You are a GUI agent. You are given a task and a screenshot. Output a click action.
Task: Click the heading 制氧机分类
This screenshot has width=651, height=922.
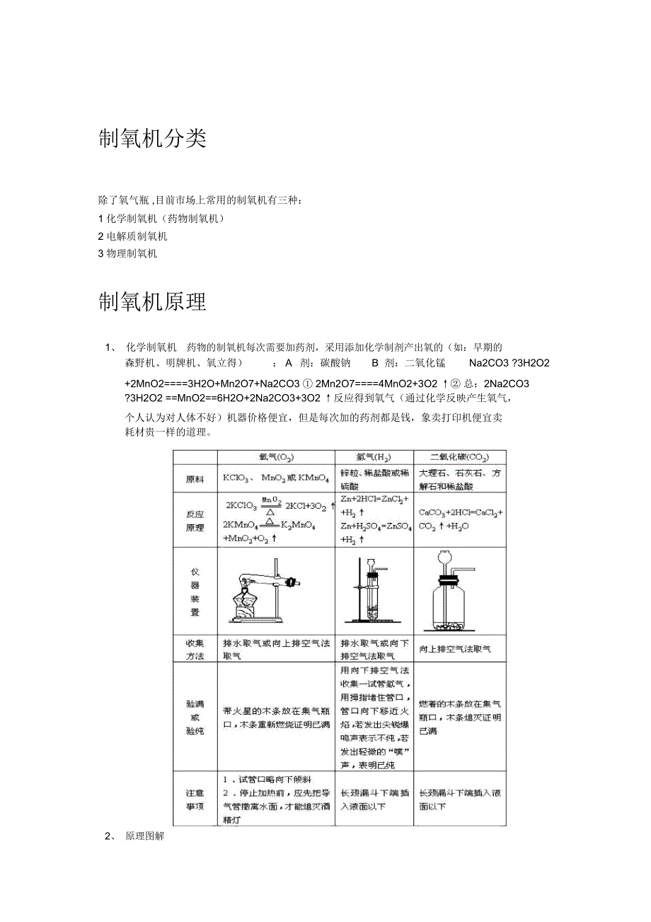point(152,139)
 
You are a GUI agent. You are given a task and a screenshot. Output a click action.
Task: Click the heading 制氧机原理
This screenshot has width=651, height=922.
point(152,302)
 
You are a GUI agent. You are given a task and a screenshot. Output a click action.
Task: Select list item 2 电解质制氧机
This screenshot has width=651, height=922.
point(132,236)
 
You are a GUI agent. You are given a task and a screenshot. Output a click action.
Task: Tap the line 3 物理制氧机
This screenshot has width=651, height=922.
point(127,253)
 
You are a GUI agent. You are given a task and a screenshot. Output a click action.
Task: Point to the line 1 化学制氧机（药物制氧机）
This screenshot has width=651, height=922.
point(161,219)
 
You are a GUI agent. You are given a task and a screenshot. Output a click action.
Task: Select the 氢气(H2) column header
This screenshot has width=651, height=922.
point(374,457)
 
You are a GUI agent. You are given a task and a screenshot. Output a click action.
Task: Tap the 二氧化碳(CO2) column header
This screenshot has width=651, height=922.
point(460,457)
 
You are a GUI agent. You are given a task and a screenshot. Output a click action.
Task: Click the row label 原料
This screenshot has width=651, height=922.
point(195,479)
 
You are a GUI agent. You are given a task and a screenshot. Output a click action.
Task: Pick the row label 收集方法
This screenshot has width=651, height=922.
point(195,649)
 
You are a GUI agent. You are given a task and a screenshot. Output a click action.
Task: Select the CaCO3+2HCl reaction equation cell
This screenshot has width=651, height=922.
point(460,519)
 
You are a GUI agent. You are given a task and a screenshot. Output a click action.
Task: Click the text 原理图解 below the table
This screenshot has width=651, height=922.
point(144,836)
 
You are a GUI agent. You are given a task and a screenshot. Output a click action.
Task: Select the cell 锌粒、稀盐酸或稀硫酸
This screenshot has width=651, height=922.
point(374,479)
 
